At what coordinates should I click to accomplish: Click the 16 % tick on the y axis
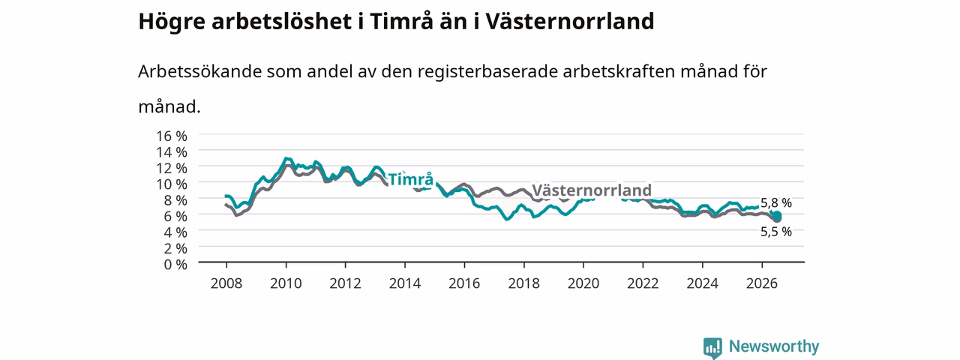click(x=172, y=136)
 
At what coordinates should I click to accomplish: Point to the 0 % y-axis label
click(x=175, y=265)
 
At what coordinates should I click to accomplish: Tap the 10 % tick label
click(x=172, y=184)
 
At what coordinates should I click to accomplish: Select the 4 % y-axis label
click(x=175, y=232)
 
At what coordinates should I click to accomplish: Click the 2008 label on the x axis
click(x=226, y=283)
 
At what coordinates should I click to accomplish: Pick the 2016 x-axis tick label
click(x=464, y=283)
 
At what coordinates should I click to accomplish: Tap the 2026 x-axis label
click(x=761, y=283)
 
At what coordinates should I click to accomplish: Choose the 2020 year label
click(x=583, y=283)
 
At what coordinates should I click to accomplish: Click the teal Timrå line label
click(x=410, y=179)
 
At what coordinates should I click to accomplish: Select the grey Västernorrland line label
click(x=592, y=190)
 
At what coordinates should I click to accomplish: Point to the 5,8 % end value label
click(x=776, y=202)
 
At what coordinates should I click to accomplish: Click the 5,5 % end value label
click(x=776, y=232)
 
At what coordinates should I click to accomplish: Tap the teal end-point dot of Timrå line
click(x=777, y=215)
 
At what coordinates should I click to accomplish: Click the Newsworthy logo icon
click(x=712, y=347)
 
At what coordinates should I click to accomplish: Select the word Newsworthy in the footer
click(x=774, y=346)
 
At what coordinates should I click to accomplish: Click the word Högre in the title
click(x=172, y=22)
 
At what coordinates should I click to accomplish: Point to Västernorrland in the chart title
click(x=569, y=21)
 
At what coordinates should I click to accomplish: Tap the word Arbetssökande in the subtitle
click(x=199, y=71)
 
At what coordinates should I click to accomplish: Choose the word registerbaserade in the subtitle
click(x=487, y=72)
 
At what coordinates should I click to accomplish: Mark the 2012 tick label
click(x=345, y=283)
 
